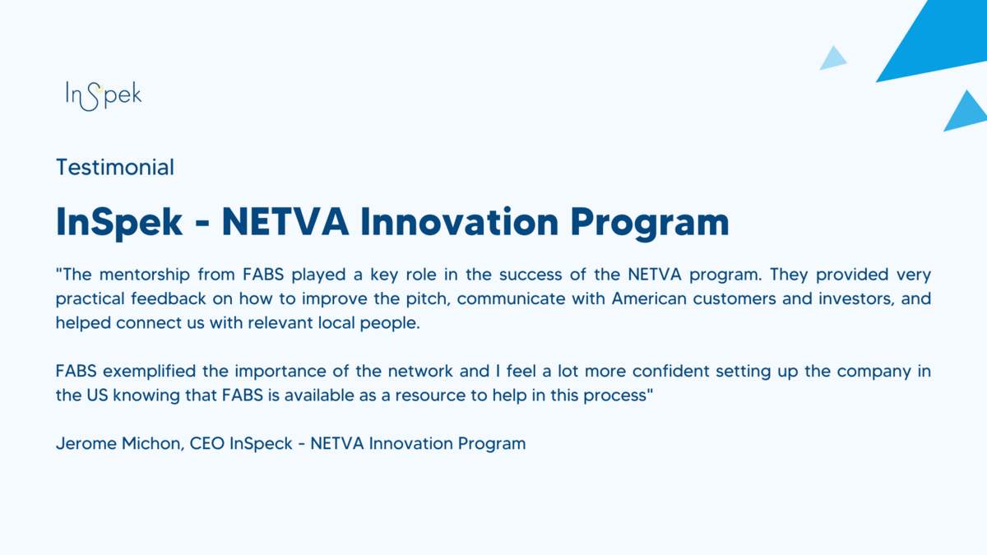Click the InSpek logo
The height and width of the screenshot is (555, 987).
pos(104,95)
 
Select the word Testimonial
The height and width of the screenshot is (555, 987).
pos(115,168)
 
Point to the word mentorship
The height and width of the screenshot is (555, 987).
pos(145,275)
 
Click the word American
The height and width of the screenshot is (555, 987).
pos(649,298)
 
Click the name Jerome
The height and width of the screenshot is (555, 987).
pos(86,443)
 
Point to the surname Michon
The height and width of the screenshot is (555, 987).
pos(153,443)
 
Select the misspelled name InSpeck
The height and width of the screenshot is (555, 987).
pos(261,443)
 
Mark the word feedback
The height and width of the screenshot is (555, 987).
pos(169,298)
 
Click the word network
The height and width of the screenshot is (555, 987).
pos(420,372)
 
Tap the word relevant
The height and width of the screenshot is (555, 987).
pos(280,323)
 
